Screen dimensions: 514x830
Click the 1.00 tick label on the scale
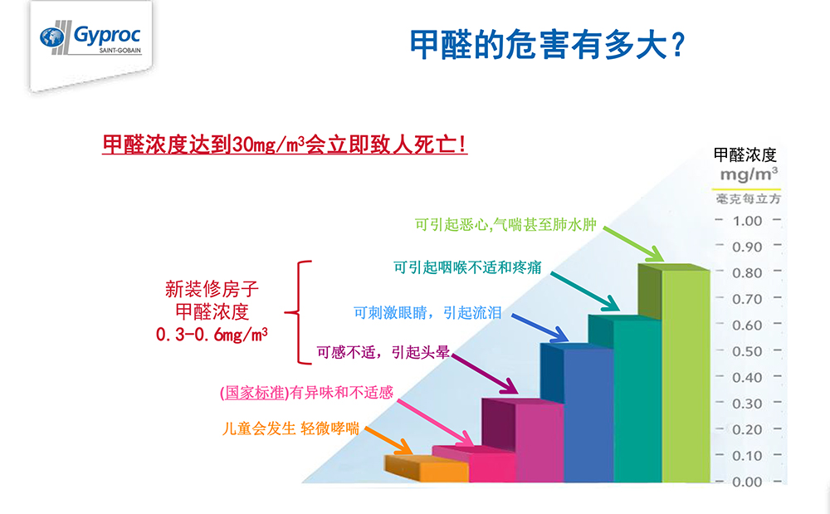click(747, 221)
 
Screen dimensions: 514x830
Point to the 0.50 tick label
click(747, 351)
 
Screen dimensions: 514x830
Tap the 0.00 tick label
click(747, 482)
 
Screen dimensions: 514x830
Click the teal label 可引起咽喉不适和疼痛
click(468, 268)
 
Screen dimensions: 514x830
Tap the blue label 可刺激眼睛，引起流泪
click(427, 312)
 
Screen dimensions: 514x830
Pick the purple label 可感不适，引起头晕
click(383, 352)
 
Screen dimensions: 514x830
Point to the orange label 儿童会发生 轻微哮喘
click(290, 429)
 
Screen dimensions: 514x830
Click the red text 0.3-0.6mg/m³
click(212, 335)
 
